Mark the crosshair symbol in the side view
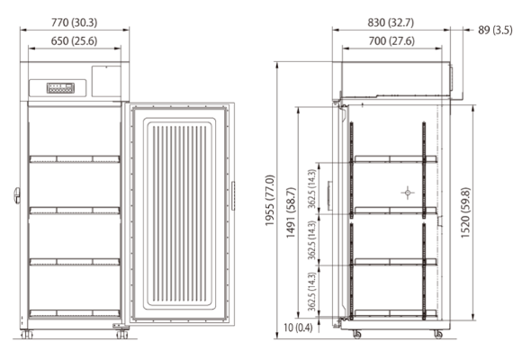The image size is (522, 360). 408,193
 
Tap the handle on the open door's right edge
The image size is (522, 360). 233,193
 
